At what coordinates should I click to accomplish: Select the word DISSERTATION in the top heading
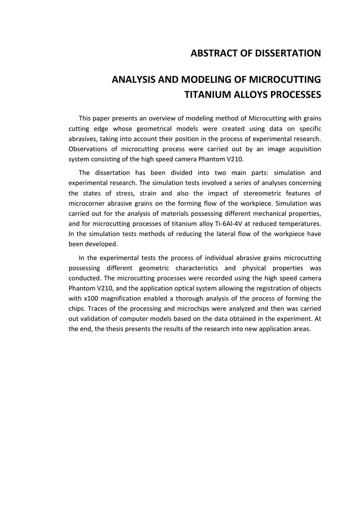pyautogui.click(x=285, y=53)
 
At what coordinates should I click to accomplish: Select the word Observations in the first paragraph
pyautogui.click(x=87, y=149)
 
